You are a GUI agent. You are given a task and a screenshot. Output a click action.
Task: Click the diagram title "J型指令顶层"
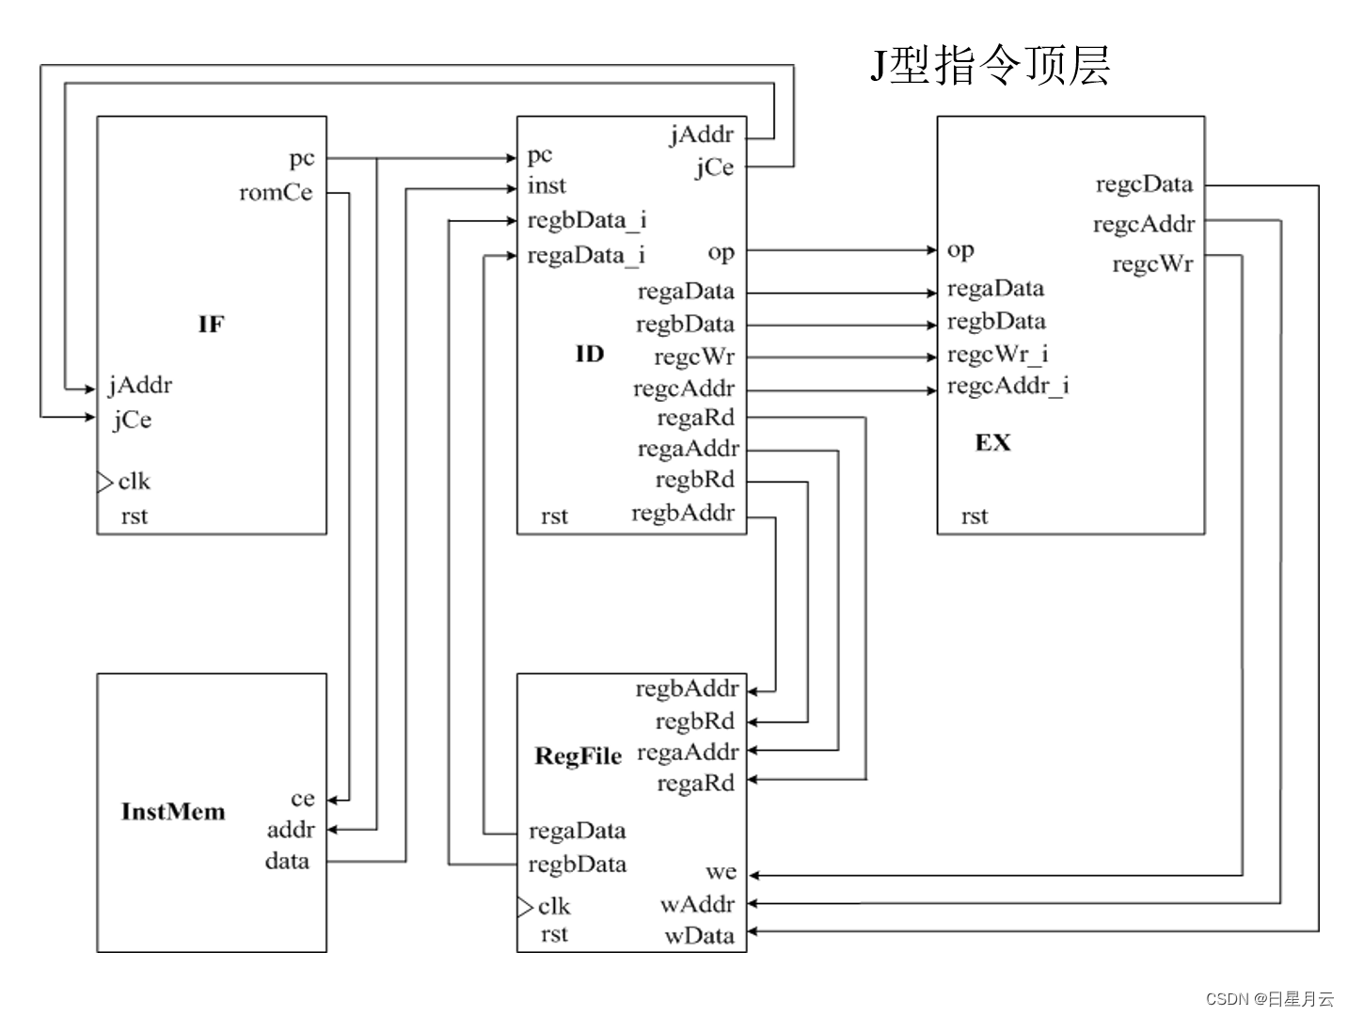click(990, 65)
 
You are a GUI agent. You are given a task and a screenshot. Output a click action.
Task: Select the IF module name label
click(212, 325)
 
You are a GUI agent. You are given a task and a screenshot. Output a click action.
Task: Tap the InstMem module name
click(173, 812)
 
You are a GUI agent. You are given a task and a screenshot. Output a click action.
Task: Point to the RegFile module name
click(578, 756)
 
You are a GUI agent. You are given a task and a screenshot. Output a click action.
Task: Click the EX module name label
click(992, 442)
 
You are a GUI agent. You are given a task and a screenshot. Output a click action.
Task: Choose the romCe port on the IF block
click(276, 193)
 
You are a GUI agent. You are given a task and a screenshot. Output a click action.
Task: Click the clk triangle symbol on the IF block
click(104, 483)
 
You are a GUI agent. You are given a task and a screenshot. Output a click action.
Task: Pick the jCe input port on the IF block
click(132, 420)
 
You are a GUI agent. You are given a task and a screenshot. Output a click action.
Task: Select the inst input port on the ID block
click(547, 186)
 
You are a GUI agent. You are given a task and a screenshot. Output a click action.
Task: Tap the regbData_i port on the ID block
click(586, 220)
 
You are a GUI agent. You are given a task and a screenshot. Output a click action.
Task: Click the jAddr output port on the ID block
click(701, 135)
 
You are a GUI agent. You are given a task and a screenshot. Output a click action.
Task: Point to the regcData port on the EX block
click(1143, 184)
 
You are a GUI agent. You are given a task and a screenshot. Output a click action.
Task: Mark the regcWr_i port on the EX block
click(997, 355)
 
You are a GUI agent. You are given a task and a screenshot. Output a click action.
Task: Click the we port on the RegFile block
click(721, 872)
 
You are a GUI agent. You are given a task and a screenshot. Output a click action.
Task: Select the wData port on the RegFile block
click(699, 935)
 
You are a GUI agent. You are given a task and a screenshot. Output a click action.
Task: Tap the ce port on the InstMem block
click(302, 799)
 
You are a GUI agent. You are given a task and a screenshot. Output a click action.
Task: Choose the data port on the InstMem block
click(287, 861)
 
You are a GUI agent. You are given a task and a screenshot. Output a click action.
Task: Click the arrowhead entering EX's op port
click(931, 250)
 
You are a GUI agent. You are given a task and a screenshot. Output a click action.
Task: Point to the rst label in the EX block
click(975, 516)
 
